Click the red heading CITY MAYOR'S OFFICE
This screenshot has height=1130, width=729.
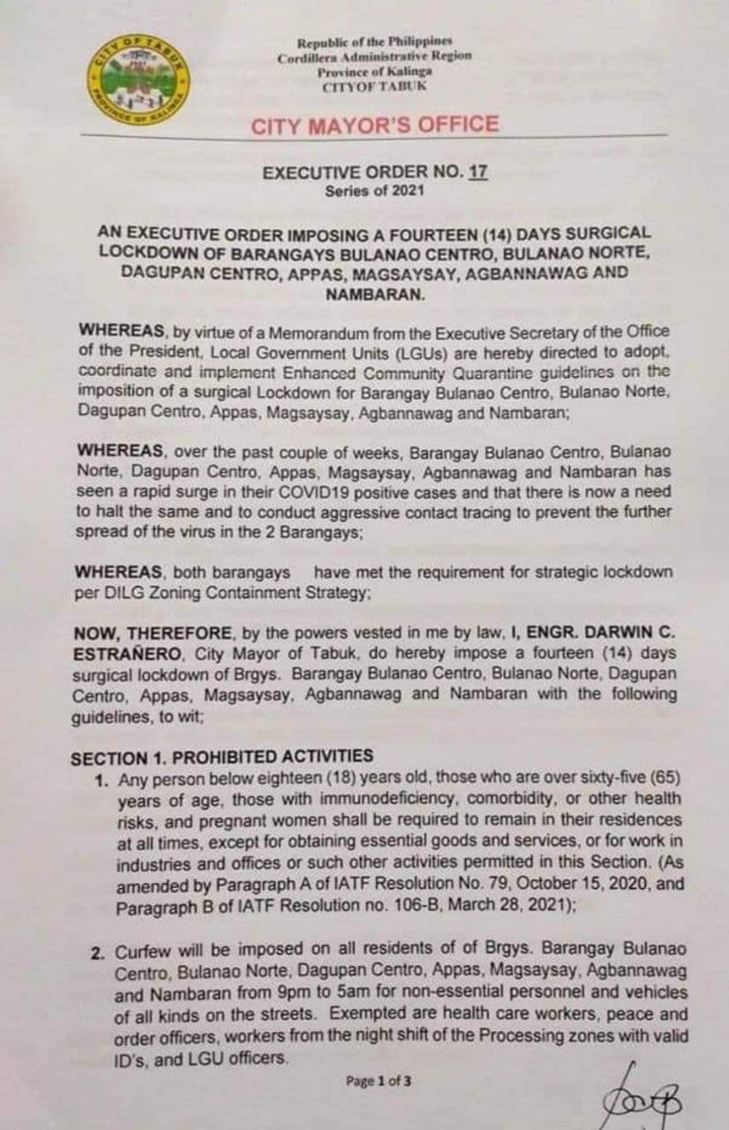pos(375,124)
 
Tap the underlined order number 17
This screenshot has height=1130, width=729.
pos(478,174)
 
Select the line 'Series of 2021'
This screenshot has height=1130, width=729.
pos(374,190)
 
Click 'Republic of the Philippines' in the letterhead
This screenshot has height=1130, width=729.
pos(374,42)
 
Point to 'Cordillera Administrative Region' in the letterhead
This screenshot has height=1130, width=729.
pos(374,56)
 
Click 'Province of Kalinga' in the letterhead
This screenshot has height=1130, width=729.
pos(374,71)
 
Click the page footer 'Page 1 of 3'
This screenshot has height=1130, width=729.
pos(379,1080)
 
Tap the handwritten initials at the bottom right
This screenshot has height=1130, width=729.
pos(632,1093)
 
